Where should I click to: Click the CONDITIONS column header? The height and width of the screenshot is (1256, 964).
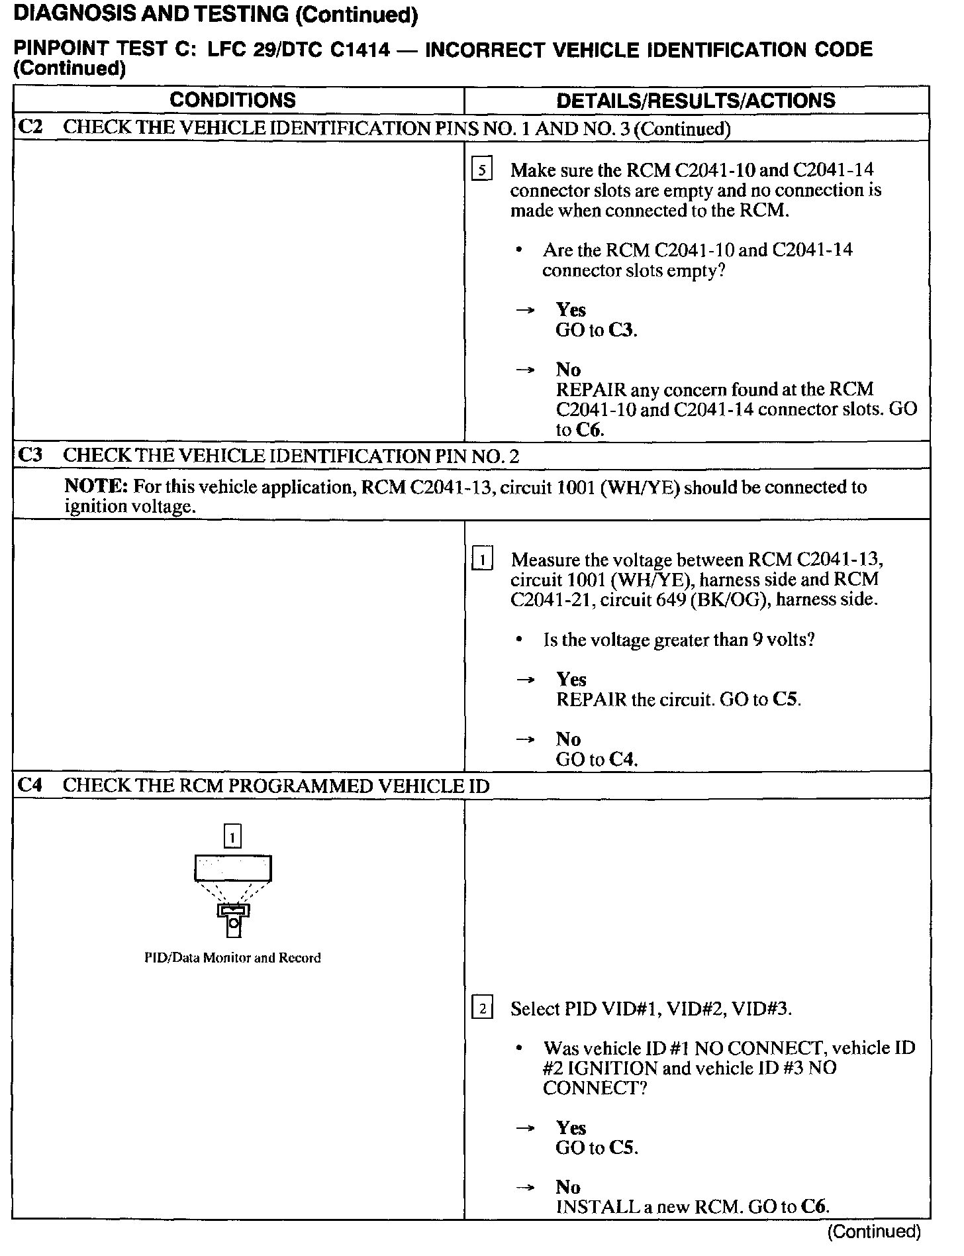(x=232, y=100)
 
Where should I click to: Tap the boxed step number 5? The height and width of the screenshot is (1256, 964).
(x=481, y=170)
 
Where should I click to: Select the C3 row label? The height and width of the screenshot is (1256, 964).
(x=30, y=454)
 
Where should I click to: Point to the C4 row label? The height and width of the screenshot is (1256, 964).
(x=30, y=785)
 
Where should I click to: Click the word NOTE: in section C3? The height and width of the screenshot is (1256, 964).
(x=95, y=487)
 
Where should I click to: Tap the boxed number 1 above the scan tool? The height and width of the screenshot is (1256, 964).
(x=232, y=837)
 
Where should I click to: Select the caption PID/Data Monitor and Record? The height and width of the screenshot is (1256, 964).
(x=232, y=957)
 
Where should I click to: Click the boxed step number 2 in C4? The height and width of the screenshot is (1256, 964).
(x=481, y=1009)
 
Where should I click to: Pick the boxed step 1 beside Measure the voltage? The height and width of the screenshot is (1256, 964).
(x=481, y=560)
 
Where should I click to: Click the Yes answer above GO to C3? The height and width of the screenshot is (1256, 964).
(x=570, y=310)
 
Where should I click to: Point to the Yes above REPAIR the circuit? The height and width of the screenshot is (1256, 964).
(x=571, y=680)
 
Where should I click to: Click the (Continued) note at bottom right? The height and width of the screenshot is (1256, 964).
(x=874, y=1231)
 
